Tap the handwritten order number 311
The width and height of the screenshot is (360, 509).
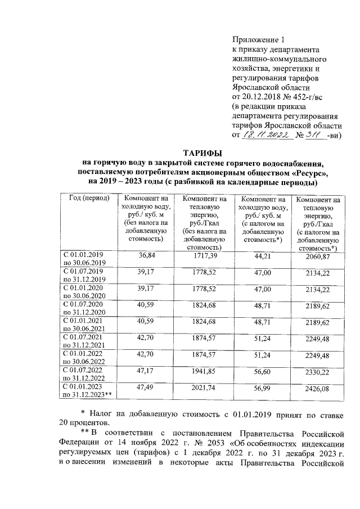309,135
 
